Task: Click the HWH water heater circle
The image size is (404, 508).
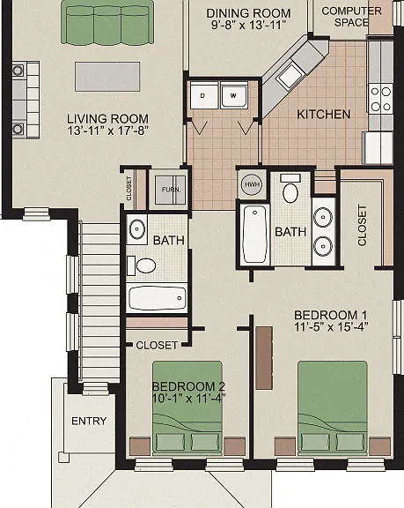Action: (x=252, y=184)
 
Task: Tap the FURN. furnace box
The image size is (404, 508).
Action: (x=171, y=190)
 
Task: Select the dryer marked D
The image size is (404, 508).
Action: (x=203, y=95)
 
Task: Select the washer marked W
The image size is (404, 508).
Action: (x=234, y=95)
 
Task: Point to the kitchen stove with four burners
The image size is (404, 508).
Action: (x=380, y=99)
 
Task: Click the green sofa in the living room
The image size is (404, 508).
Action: (x=107, y=22)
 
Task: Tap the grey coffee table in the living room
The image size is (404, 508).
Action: (x=107, y=77)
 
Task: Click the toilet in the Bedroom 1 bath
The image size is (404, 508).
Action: (x=290, y=190)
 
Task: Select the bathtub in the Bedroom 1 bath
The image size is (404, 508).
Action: (x=255, y=235)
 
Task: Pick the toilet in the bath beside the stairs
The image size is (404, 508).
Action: (x=141, y=265)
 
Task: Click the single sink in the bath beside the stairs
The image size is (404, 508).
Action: (x=137, y=228)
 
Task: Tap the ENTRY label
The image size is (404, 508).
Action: (x=89, y=421)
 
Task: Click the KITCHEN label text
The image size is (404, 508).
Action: (x=324, y=115)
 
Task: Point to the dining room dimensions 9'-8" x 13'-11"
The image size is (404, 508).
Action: (x=248, y=25)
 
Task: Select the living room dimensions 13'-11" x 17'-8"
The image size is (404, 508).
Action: (x=107, y=131)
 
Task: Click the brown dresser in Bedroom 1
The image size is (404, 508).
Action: (x=264, y=358)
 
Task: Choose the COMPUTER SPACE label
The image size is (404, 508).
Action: (x=352, y=17)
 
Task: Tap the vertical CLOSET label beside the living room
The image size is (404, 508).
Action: (x=129, y=188)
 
